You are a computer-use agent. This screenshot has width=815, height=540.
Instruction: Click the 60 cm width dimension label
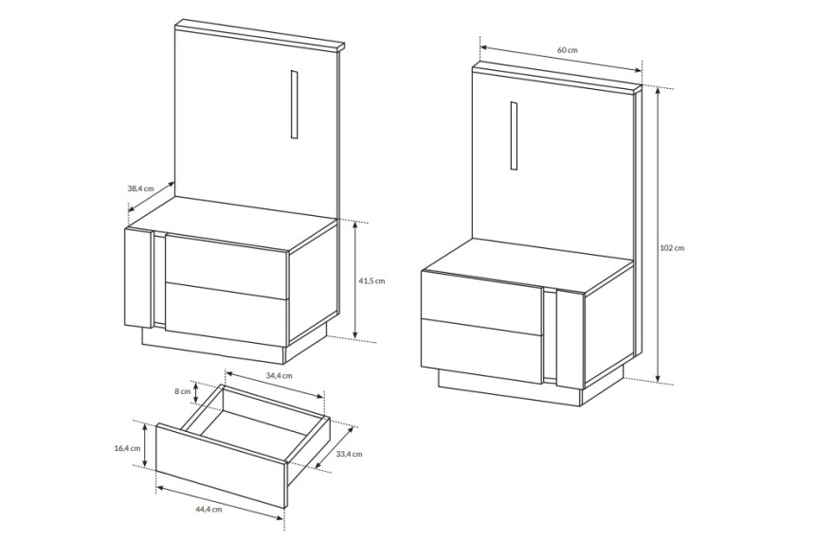click(x=567, y=50)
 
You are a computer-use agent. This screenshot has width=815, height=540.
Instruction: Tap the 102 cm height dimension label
click(x=672, y=248)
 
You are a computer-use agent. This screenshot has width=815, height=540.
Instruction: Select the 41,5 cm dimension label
click(x=372, y=280)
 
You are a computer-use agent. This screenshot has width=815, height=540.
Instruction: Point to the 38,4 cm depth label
click(x=140, y=189)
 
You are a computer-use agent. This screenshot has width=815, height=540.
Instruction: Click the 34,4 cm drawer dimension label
click(x=280, y=375)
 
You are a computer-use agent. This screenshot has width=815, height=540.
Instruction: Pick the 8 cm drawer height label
click(x=183, y=391)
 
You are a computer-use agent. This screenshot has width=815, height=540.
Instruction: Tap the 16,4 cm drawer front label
click(x=127, y=448)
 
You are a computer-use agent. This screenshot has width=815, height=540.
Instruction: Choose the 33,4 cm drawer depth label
click(x=349, y=454)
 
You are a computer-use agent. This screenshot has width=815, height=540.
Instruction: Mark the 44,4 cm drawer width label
click(x=208, y=510)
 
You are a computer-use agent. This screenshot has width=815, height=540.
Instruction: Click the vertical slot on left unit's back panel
click(x=294, y=104)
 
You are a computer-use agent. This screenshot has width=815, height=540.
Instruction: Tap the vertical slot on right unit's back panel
click(x=514, y=135)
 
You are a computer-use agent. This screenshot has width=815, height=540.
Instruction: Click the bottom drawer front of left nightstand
click(x=226, y=314)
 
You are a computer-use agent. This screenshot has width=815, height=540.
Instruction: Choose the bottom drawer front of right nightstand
click(x=482, y=351)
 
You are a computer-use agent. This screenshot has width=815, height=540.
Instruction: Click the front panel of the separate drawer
click(x=222, y=464)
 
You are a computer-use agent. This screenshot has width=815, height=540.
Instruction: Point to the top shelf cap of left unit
click(x=260, y=35)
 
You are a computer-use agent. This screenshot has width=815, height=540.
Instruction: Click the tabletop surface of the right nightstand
click(x=528, y=265)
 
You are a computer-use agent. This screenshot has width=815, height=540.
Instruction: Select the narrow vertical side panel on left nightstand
click(x=138, y=279)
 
